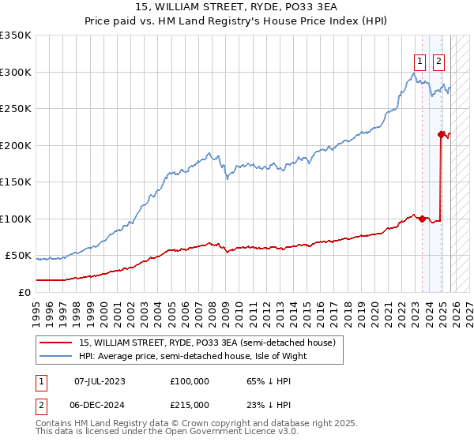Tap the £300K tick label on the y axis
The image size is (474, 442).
tap(16, 72)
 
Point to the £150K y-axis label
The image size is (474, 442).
tap(16, 182)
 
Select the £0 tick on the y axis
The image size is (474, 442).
tap(24, 292)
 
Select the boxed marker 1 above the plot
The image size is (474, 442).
tap(419, 61)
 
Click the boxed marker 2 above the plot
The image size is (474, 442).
tap(438, 61)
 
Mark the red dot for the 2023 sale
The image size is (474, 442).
tap(422, 219)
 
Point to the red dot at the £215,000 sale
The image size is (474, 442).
tap(441, 134)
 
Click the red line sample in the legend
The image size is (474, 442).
tap(56, 343)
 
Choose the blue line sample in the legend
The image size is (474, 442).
tap(56, 356)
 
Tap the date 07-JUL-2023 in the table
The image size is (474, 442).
tap(100, 381)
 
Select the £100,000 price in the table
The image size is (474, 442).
tap(189, 381)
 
